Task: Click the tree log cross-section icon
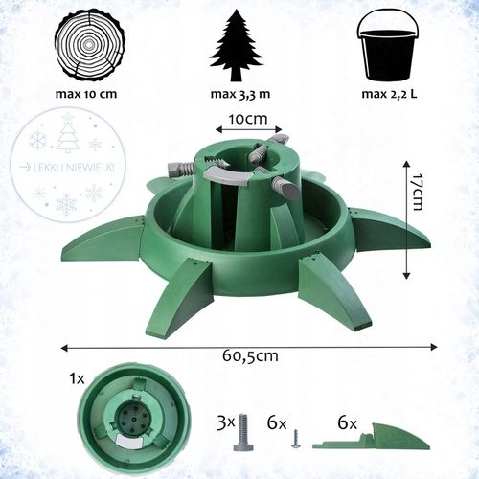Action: click(x=90, y=45)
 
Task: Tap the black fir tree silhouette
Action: click(x=237, y=45)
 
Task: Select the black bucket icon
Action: click(x=389, y=46)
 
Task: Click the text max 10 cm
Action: click(x=86, y=94)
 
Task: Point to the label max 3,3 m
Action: click(x=240, y=94)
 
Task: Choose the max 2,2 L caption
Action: click(x=389, y=94)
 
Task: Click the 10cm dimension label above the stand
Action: click(x=248, y=119)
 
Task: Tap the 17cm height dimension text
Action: click(x=417, y=192)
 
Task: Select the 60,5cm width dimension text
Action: click(x=250, y=356)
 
